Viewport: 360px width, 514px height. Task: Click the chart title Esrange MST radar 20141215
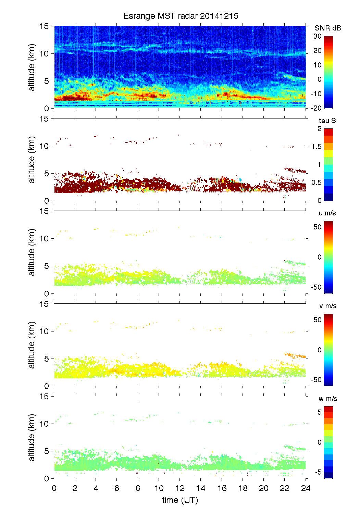click(181, 16)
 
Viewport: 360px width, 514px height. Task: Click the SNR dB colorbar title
click(328, 28)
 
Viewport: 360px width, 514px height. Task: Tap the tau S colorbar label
click(327, 121)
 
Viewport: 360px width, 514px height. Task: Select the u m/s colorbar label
click(327, 213)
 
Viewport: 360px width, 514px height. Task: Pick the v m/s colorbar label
click(327, 306)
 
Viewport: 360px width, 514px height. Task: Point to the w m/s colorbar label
click(328, 399)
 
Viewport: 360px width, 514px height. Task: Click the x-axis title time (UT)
click(180, 500)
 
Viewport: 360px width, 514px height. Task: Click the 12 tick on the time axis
click(180, 488)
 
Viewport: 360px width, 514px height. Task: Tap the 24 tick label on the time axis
click(306, 488)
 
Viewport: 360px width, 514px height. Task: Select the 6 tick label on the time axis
click(117, 488)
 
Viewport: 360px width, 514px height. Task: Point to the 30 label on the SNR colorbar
click(318, 36)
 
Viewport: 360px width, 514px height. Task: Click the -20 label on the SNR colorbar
click(316, 108)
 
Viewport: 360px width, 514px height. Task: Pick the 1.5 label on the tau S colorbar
click(316, 147)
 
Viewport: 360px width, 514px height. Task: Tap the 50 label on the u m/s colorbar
click(318, 227)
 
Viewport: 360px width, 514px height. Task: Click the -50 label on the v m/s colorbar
click(316, 379)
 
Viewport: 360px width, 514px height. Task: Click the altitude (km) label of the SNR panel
click(32, 67)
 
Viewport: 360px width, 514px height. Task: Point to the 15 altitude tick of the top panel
click(44, 26)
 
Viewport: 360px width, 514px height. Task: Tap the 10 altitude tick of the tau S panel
click(44, 146)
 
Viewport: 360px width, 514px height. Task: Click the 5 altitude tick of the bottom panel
click(47, 451)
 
